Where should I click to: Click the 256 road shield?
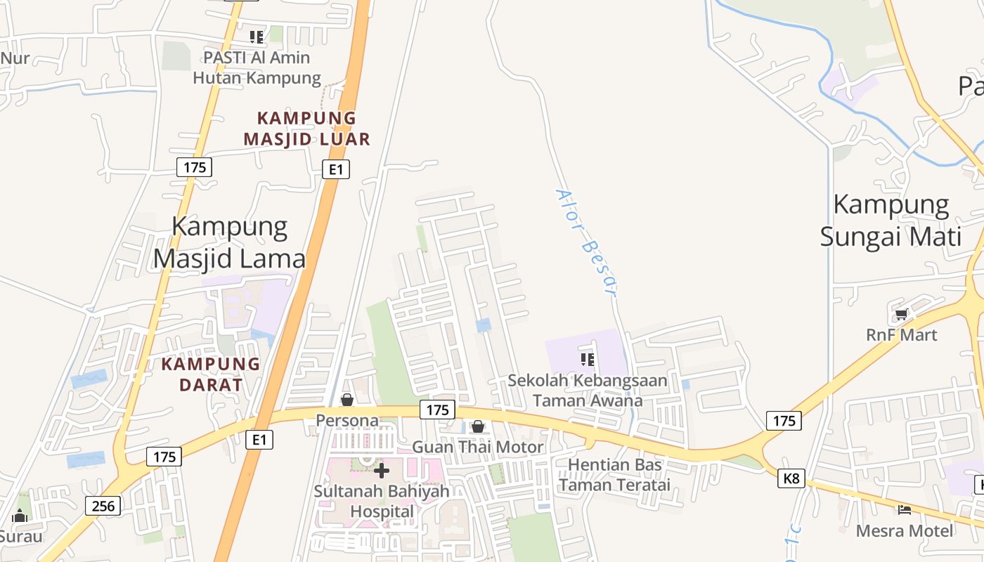[x=103, y=505]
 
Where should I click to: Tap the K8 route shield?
[x=791, y=479]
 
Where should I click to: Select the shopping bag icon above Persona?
[x=347, y=400]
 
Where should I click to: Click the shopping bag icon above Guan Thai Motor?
[x=478, y=426]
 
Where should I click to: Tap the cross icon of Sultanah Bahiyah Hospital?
[x=382, y=470]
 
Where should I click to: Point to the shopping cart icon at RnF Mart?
[x=901, y=314]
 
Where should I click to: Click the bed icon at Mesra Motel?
[x=905, y=509]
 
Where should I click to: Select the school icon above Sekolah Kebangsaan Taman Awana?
[x=588, y=360]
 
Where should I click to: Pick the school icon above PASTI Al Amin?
[x=257, y=37]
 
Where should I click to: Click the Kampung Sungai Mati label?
[x=891, y=221]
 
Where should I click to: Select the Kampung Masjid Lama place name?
[x=230, y=243]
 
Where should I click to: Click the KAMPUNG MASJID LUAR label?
[x=307, y=129]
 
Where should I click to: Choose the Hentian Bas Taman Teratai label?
[x=615, y=475]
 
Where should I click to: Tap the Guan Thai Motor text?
[x=477, y=447]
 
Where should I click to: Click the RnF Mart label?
[x=902, y=335]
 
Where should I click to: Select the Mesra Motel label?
[x=905, y=530]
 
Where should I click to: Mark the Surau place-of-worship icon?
[x=20, y=516]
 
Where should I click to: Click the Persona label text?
[x=347, y=421]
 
